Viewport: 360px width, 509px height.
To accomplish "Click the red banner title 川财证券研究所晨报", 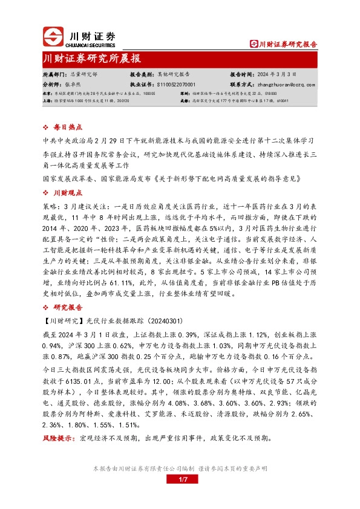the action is [92, 59].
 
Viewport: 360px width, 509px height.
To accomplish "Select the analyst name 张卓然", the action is [72, 85].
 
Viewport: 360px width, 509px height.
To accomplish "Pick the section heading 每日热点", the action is [65, 128].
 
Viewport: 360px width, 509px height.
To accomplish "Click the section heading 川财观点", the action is [65, 192].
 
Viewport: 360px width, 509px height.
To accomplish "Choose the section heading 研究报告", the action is [65, 306].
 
